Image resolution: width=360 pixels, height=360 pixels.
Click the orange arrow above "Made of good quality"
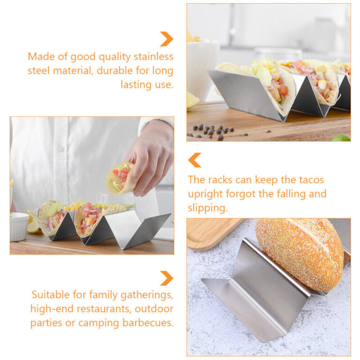[x=167, y=39]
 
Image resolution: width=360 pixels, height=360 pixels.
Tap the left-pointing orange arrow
[x=195, y=160]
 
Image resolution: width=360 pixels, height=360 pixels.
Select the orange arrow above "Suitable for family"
[x=167, y=278]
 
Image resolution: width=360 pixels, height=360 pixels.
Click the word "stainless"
[x=153, y=56]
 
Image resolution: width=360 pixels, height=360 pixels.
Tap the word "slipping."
[x=208, y=208]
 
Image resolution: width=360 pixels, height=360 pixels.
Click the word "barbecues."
[x=148, y=323]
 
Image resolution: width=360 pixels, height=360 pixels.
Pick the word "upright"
[x=205, y=195]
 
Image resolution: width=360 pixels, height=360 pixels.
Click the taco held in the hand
[x=120, y=178]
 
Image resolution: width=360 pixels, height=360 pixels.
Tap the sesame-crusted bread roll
[x=300, y=254]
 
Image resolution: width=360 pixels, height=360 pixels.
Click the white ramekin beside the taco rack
[x=19, y=226]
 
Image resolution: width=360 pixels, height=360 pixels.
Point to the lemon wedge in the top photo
[x=192, y=100]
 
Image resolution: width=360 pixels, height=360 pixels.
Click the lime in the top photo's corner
[x=341, y=137]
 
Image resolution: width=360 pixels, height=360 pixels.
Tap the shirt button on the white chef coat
[x=61, y=149]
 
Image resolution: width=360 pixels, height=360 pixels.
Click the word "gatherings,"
[x=147, y=295]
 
